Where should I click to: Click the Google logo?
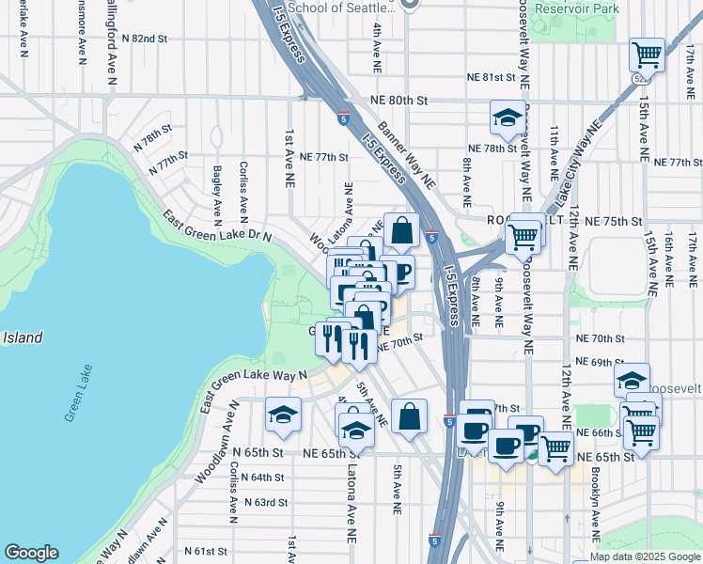point(31,553)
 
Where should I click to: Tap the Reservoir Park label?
point(577,8)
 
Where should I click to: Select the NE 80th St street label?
point(398,100)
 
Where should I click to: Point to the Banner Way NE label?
point(408,152)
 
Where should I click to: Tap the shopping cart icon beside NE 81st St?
point(647,55)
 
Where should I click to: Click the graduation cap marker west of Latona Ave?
point(283,415)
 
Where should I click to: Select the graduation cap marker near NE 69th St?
point(633,380)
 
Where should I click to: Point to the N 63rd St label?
point(265,502)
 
